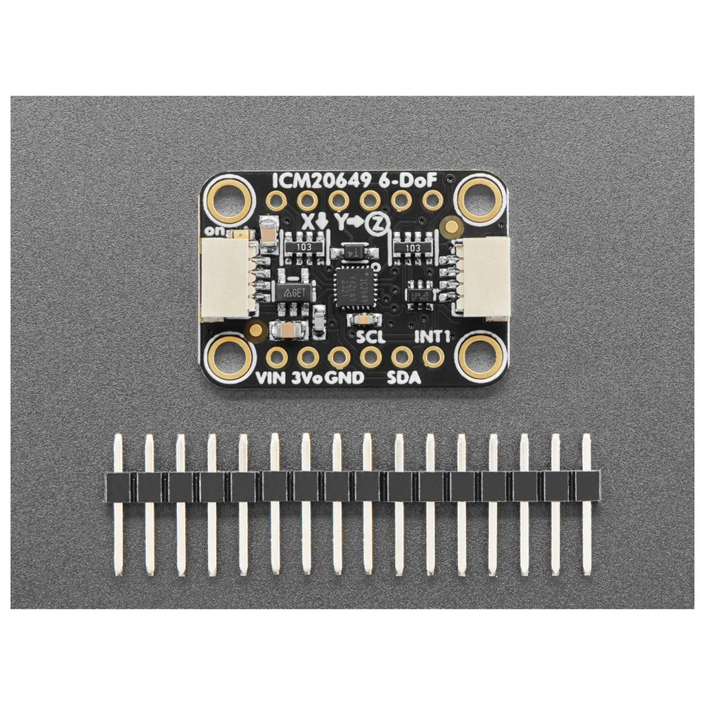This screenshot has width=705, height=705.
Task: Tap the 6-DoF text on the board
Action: point(412,181)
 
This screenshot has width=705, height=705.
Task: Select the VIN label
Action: point(271,377)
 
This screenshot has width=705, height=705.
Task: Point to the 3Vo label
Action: point(307,377)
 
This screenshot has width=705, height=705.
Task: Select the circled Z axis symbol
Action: point(376,223)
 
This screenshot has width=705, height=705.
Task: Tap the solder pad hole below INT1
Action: point(433,357)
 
